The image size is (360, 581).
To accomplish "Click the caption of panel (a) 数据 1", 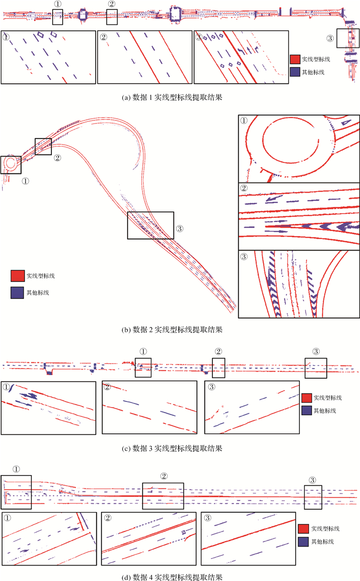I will coord(179,96).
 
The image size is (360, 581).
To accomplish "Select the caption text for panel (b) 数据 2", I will coord(179,329).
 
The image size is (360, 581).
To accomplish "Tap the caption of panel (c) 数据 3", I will coord(179,448).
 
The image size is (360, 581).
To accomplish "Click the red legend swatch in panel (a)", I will coord(295,60).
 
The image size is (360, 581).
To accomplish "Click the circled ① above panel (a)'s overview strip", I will coord(58,4).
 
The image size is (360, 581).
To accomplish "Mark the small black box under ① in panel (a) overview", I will coord(58,16).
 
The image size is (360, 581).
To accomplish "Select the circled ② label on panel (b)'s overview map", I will coord(58,158).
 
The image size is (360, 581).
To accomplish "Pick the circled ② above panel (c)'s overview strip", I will coord(218,351).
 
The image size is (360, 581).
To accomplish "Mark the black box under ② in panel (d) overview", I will coord(163,495).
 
